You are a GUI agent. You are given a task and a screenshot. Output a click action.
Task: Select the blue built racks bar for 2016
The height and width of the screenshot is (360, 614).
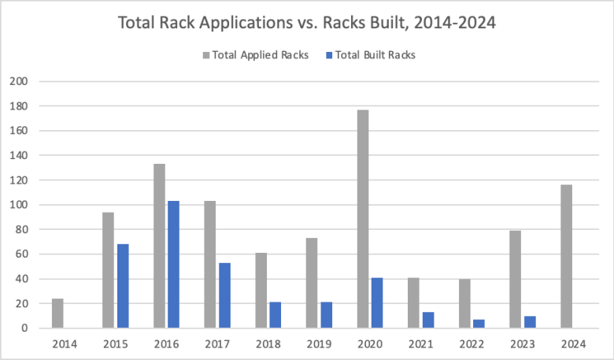pos(173,264)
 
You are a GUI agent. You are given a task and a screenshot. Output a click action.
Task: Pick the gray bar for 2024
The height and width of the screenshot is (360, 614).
pos(566,256)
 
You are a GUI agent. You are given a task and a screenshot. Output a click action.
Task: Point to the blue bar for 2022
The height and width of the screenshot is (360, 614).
pos(479,324)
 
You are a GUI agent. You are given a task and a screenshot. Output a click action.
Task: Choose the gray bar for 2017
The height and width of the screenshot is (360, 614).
pos(210,264)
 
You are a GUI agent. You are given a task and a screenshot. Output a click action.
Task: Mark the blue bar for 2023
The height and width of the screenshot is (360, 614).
pos(529,322)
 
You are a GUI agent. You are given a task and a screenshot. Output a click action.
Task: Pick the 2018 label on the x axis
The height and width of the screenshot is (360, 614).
pos(268,343)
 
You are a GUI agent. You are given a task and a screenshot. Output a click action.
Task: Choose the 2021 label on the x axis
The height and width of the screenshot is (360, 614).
pos(420,343)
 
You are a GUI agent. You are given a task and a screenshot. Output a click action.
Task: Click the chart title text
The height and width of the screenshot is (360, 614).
pos(306,23)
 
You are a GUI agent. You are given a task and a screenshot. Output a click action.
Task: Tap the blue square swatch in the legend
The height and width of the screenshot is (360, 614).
pos(328,55)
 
